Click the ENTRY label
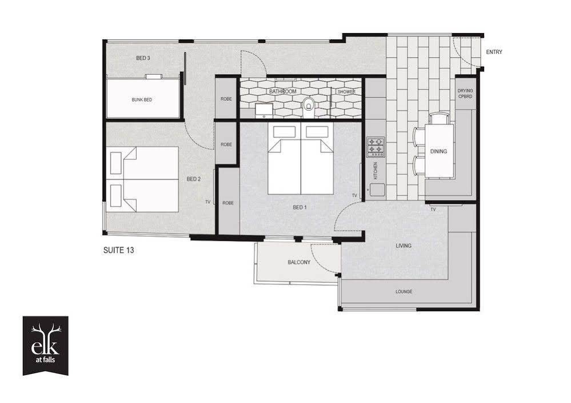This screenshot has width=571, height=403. coord(494,52)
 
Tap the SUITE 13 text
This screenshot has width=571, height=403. coord(118,250)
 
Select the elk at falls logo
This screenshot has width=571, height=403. coord(46,345)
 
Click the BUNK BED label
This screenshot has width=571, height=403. coord(142,100)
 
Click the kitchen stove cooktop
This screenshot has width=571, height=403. coord(376,147)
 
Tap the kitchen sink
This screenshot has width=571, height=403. coord(376,190)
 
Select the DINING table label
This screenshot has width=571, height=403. coord(438,151)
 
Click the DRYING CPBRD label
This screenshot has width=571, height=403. coord(465,94)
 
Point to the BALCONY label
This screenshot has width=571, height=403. coord(299,262)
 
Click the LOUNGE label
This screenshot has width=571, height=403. coord(404,291)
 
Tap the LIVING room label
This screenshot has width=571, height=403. coord(404,246)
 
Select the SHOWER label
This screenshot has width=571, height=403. coord(346,92)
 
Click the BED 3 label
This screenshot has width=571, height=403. coord(143,58)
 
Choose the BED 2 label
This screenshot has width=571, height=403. coord(194,179)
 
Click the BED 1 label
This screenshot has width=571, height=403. coord(300,207)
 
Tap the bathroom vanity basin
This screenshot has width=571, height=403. coord(263,110)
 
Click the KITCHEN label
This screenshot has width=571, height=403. coord(376,170)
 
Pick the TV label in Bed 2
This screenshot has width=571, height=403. coord(208,202)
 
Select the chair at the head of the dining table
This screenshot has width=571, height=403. coord(439,119)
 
